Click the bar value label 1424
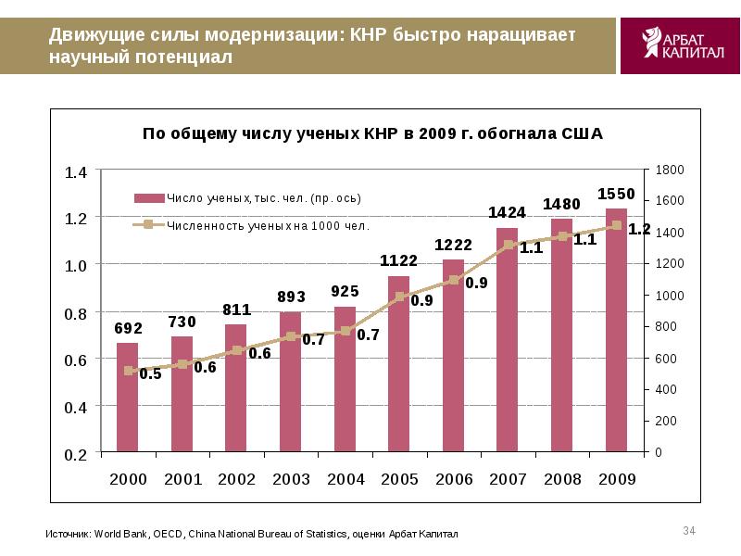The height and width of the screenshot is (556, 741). [508, 212]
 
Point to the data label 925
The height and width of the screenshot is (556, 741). [345, 291]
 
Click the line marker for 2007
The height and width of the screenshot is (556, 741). [508, 245]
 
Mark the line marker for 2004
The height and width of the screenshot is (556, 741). [345, 331]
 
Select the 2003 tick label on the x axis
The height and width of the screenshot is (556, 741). [291, 479]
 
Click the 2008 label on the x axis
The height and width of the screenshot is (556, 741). [562, 479]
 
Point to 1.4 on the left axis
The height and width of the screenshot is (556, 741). [75, 172]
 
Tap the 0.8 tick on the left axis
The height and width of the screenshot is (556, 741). [75, 313]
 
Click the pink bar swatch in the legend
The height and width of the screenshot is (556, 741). [149, 197]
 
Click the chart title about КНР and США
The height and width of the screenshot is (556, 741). [371, 133]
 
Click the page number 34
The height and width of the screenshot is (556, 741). [688, 530]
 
